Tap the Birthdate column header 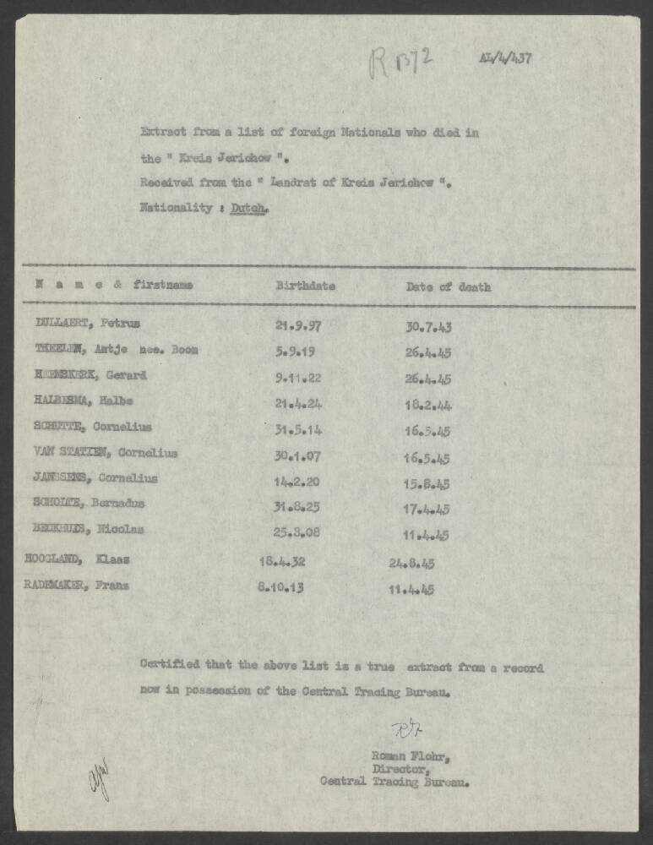[305, 286]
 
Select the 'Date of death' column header [448, 286]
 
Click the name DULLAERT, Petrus [88, 323]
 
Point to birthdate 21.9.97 [298, 324]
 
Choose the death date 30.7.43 [428, 325]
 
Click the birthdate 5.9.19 [294, 350]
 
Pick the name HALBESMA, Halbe [84, 401]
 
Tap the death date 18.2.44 [428, 405]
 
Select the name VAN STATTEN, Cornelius [106, 452]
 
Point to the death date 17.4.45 [427, 509]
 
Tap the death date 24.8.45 [411, 563]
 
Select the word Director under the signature [394, 768]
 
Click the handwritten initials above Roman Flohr [400, 728]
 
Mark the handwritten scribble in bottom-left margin [100, 776]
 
